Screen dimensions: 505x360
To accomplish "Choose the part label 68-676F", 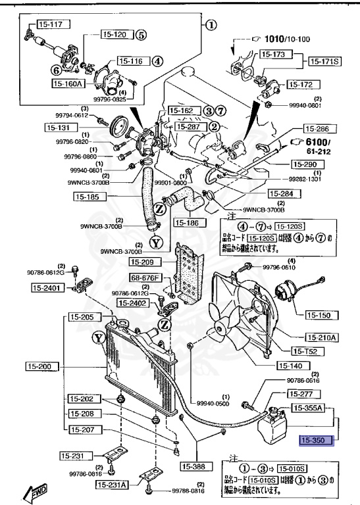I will coord(145,278).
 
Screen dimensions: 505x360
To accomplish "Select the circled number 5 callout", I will coord(141,35).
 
